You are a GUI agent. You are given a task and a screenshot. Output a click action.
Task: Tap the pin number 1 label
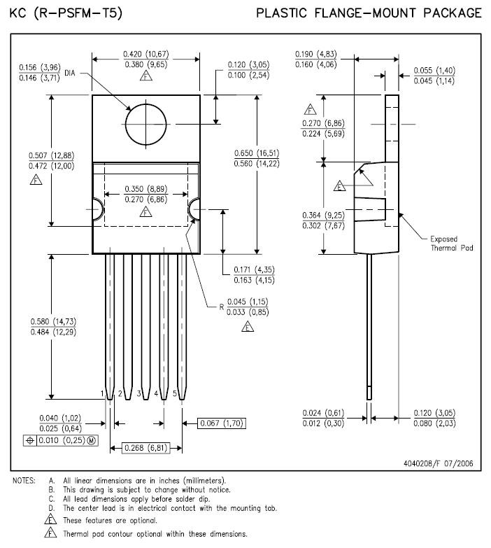102,394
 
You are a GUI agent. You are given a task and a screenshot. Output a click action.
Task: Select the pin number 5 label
175,394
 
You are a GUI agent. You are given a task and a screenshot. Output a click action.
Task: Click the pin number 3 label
138,394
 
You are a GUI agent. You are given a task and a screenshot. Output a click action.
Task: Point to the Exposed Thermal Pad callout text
452,244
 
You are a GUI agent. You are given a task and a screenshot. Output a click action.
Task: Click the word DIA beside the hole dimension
70,73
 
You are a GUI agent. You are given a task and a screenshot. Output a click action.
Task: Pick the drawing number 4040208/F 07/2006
439,463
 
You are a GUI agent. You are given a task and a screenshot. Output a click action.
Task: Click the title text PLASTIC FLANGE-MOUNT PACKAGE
369,13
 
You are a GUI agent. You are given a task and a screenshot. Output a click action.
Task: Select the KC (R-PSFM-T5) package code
66,13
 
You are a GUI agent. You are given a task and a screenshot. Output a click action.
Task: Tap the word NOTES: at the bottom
24,481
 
